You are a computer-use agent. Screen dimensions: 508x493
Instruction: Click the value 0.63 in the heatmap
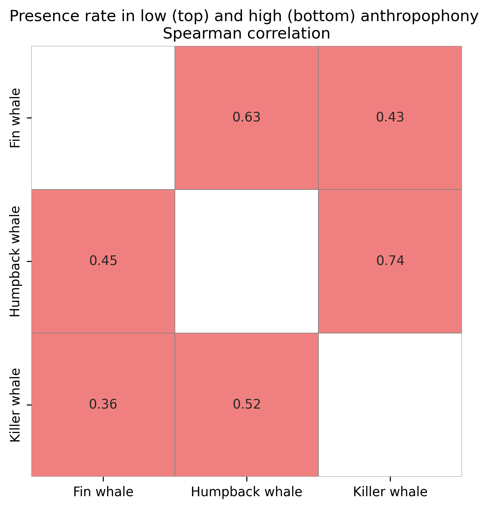[x=247, y=117]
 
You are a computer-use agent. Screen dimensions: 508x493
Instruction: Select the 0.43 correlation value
[x=390, y=117]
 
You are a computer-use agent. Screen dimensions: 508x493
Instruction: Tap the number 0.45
[x=103, y=261]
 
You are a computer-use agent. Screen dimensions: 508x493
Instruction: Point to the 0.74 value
[x=390, y=261]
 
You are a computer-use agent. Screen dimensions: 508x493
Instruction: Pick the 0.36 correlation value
[x=103, y=405]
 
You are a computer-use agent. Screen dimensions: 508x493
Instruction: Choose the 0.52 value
[x=247, y=405]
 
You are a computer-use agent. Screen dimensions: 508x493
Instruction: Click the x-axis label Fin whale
[x=103, y=492]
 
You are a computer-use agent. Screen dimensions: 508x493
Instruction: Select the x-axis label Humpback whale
[x=247, y=492]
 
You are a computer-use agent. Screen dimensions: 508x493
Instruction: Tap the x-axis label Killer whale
[x=390, y=492]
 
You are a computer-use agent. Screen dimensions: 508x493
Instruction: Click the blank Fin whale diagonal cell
[x=103, y=117]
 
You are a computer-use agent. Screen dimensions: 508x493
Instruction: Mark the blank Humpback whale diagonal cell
[x=247, y=261]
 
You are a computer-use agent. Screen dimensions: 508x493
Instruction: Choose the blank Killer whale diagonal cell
[x=390, y=405]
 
